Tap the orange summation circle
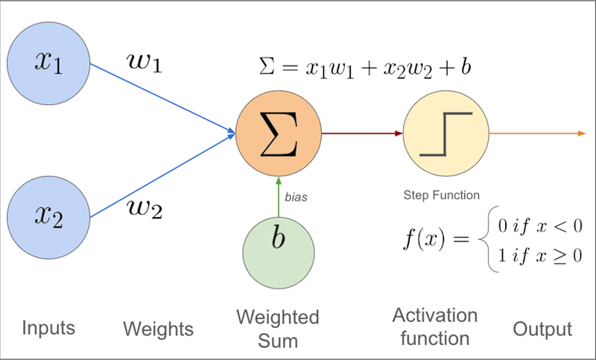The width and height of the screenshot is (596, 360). [x=278, y=134]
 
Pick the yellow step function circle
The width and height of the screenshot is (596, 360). [x=446, y=134]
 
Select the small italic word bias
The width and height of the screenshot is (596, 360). [x=296, y=198]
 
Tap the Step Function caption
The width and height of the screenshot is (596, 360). [x=440, y=195]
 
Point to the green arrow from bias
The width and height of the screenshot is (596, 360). [x=278, y=198]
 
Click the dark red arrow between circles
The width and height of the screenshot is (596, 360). [x=361, y=134]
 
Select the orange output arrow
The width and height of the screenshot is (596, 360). [x=536, y=134]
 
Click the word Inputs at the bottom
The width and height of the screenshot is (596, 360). [x=48, y=328]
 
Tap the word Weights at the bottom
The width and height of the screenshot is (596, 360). [x=157, y=329]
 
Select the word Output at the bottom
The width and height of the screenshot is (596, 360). [x=542, y=329]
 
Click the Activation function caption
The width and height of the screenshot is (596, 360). [x=434, y=326]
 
